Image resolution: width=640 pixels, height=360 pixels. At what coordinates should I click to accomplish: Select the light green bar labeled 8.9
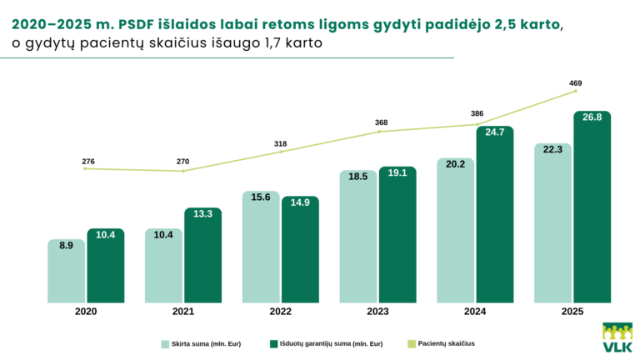click(66, 271)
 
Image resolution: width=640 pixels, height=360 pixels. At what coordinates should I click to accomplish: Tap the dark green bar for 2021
click(202, 255)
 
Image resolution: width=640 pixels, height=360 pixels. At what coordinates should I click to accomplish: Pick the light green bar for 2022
click(261, 247)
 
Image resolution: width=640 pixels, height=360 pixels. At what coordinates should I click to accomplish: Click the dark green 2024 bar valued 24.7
click(494, 214)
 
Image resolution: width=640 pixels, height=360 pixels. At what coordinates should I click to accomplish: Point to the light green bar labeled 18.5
click(358, 237)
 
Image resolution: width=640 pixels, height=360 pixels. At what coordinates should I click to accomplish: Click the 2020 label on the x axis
click(86, 311)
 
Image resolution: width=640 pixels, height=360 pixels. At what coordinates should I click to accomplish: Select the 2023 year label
click(377, 311)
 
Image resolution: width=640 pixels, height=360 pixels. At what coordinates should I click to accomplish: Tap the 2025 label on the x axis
click(572, 311)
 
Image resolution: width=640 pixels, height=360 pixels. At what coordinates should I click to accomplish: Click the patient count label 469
click(575, 82)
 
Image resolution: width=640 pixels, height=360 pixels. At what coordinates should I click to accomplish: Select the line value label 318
click(280, 144)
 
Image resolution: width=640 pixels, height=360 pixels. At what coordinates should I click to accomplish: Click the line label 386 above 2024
click(477, 113)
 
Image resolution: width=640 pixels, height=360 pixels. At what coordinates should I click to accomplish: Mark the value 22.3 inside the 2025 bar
click(552, 149)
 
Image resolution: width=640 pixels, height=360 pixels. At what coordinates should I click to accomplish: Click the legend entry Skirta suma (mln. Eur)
click(205, 342)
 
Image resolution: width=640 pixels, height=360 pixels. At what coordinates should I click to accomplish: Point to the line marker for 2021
click(183, 171)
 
